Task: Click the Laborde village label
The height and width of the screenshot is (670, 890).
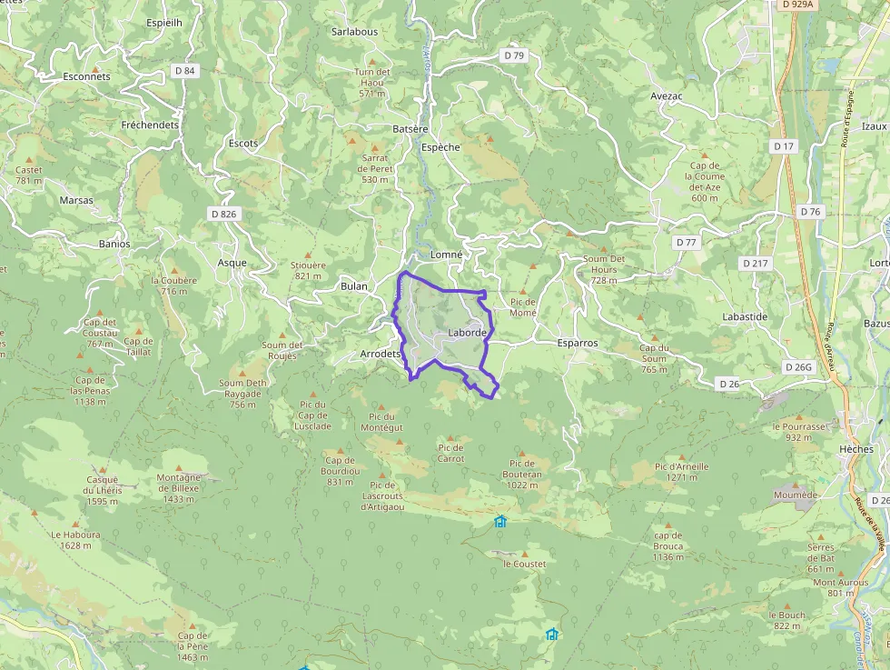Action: [468, 334]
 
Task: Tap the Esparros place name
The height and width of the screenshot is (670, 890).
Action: [578, 344]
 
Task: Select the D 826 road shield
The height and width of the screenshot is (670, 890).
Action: [222, 214]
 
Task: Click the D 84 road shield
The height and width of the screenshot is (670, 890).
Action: [184, 71]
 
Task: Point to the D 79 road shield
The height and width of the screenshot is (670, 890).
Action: [514, 55]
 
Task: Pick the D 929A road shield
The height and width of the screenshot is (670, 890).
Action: [796, 5]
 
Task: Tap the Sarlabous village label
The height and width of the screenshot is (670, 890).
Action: [354, 31]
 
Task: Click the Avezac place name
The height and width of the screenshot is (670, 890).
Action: [667, 95]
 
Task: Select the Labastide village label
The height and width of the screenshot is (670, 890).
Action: [745, 316]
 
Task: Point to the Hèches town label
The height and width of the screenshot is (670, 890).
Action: [856, 450]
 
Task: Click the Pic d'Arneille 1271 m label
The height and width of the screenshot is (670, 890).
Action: [681, 471]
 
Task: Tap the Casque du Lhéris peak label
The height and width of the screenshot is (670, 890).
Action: [103, 490]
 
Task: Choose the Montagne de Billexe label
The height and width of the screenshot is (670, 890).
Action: [179, 488]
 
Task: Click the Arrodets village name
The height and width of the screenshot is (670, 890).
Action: [381, 353]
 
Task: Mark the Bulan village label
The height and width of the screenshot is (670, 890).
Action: [354, 286]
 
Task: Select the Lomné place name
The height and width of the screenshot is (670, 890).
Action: [447, 255]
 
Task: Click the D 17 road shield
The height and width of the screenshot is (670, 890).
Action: [784, 146]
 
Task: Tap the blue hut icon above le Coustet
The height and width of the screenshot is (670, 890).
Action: [499, 521]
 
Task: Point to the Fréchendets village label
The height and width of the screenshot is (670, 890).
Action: [151, 125]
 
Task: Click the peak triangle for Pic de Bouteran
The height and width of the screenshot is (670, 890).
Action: [522, 451]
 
